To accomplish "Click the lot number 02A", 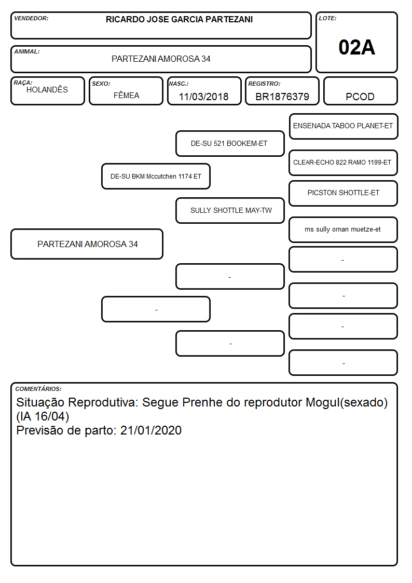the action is (356, 47).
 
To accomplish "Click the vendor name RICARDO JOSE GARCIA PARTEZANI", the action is (179, 19).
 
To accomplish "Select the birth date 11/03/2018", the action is (203, 97).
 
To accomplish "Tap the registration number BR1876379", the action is (282, 97).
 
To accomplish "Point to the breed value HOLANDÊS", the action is (47, 89).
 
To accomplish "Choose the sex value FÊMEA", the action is (126, 95).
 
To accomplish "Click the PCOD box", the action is (360, 91).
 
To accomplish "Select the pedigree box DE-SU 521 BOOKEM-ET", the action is (230, 143).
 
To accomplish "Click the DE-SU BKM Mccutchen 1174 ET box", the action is (156, 176).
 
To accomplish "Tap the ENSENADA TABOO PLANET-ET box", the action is (344, 127).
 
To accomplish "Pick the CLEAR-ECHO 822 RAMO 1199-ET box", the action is (344, 162).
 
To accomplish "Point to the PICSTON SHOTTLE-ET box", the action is (344, 193).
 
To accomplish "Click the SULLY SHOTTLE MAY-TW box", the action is (230, 210).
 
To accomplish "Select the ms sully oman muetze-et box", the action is (344, 229).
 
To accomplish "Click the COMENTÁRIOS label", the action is (38, 389).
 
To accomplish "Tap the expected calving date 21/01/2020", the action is (151, 430).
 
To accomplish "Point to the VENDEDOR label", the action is (31, 18).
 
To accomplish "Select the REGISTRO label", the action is (264, 84).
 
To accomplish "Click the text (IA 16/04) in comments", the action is (43, 416).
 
